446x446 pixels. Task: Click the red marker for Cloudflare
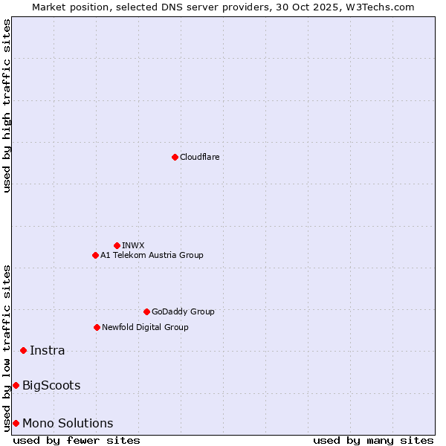pos(175,157)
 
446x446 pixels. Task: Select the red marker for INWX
pos(117,245)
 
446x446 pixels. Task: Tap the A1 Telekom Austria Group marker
pos(95,255)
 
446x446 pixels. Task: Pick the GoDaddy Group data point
pos(146,311)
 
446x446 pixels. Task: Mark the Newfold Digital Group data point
pos(97,327)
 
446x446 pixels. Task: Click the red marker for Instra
pos(23,350)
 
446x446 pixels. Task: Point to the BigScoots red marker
pos(16,385)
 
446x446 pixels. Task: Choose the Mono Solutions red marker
pos(16,423)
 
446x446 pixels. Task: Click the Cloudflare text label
pos(200,157)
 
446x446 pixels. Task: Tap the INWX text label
pos(133,245)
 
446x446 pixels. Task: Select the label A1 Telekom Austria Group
pos(152,255)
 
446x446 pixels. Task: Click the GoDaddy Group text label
pos(183,311)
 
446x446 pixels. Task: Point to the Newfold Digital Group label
pos(145,327)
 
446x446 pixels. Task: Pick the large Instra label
pos(48,350)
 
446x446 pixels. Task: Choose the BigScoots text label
pos(51,385)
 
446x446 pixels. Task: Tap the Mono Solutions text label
pos(68,423)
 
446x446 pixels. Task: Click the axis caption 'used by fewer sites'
pos(77,440)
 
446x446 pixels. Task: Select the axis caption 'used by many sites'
pos(373,440)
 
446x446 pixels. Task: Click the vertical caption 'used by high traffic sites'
pos(7,106)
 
